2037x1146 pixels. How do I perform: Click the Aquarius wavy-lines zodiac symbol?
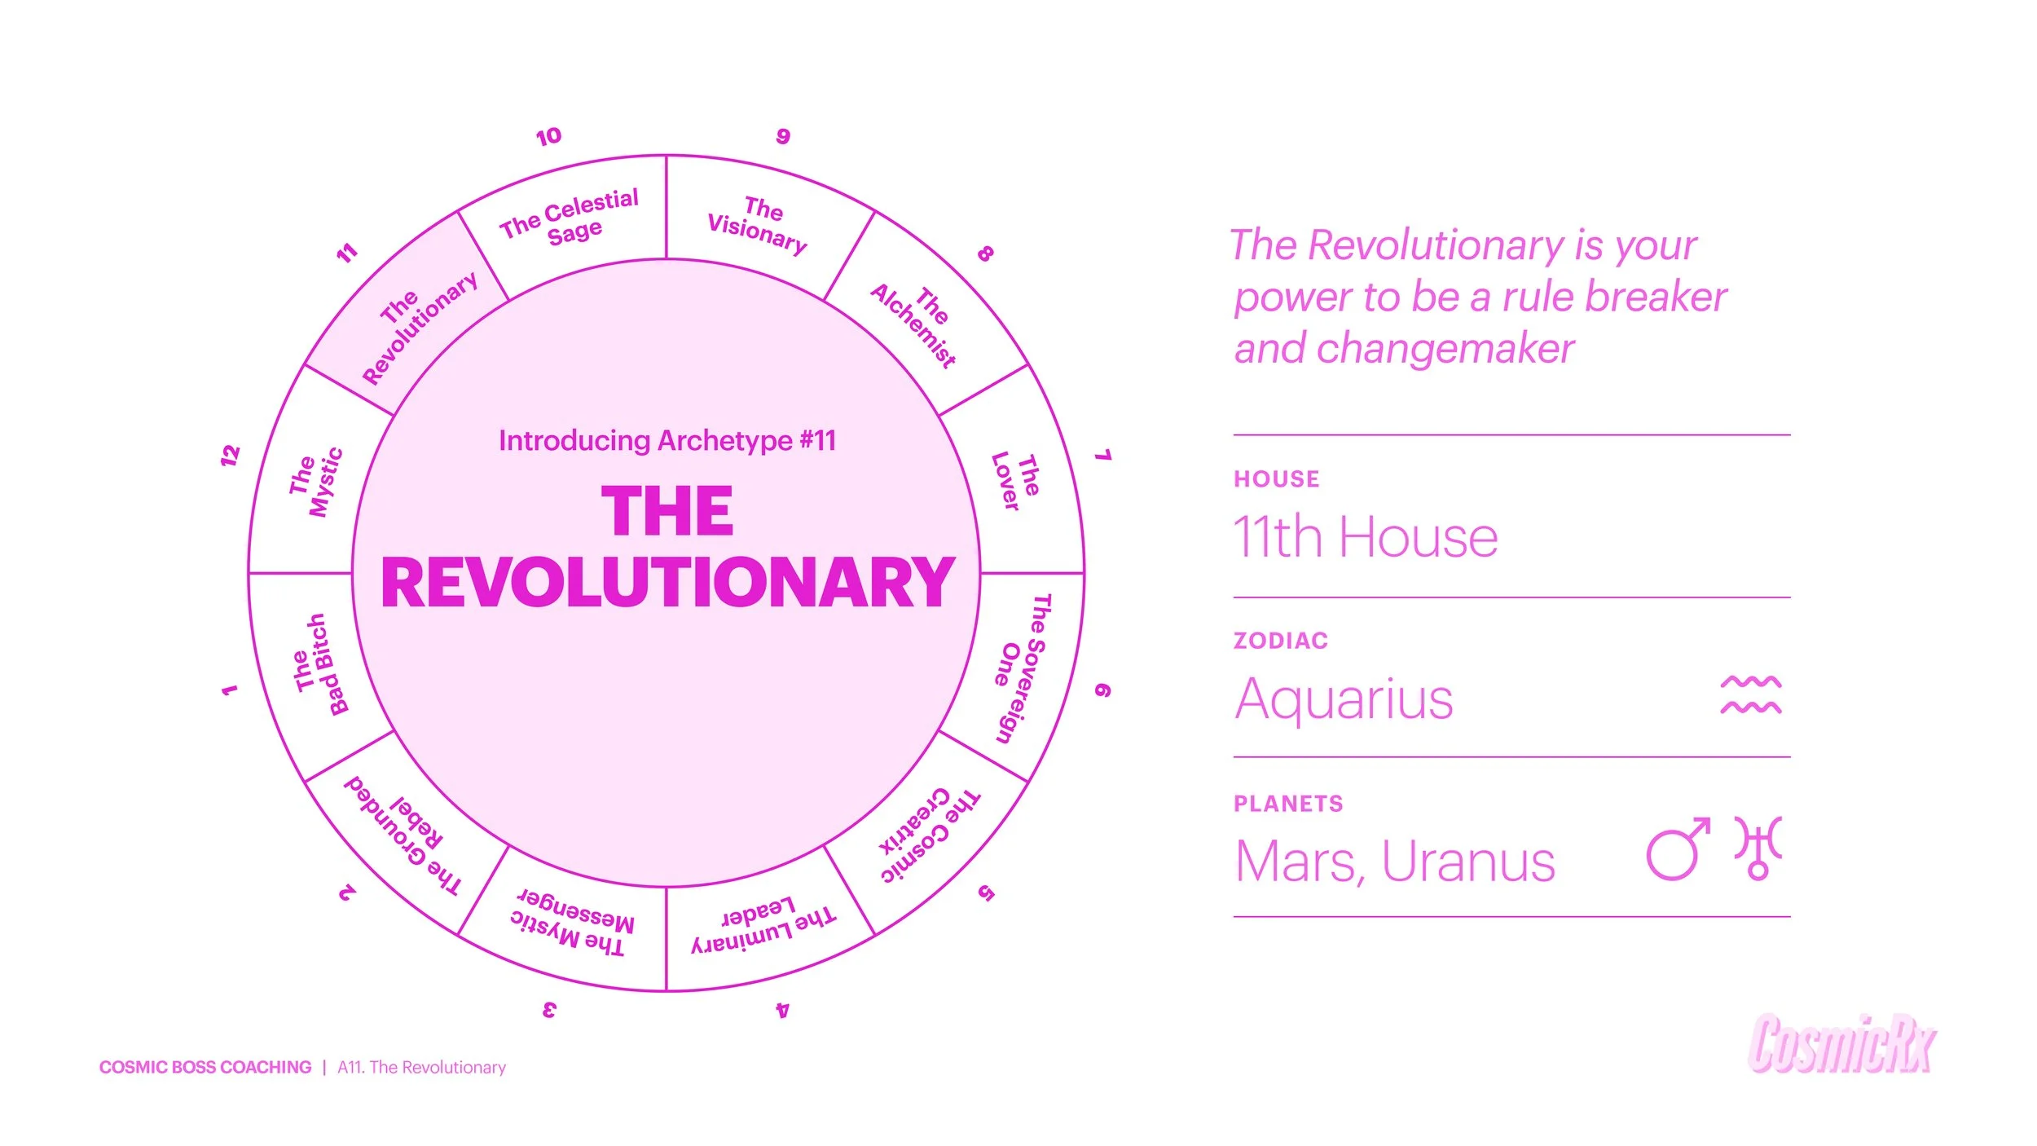point(1750,695)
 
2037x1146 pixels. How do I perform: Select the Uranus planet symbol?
point(1758,848)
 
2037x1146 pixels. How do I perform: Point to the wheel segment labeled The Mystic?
point(316,483)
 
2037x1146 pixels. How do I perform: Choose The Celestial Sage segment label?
point(570,217)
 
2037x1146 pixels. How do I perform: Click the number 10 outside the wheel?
point(548,136)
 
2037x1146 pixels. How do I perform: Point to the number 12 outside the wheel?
point(231,455)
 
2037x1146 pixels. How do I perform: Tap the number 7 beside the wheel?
point(1102,455)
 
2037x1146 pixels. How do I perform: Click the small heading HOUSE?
point(1276,478)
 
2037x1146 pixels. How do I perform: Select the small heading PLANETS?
point(1287,804)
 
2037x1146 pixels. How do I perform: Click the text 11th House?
point(1366,537)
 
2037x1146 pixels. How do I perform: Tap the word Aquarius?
point(1344,699)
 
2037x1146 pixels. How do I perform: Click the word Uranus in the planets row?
point(1468,862)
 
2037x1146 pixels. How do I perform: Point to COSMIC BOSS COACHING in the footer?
point(205,1067)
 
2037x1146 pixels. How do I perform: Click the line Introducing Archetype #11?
point(667,440)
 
